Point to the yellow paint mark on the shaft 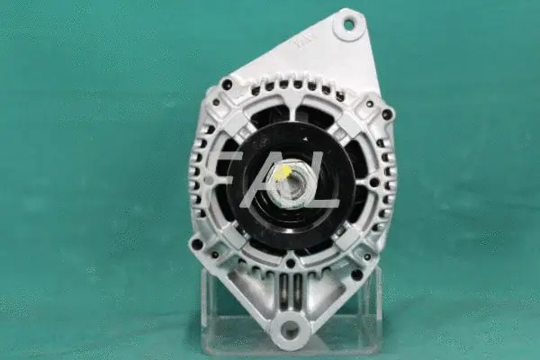[x=283, y=172]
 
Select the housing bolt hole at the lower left [x=197, y=243]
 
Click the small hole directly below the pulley [x=290, y=264]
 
